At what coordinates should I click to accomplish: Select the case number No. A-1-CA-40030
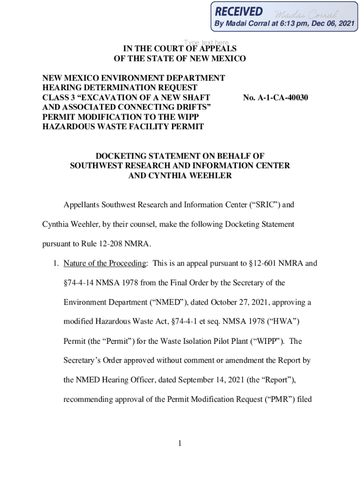275,98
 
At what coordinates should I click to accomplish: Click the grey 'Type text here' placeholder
206,43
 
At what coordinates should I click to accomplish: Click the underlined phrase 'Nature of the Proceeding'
105,263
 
